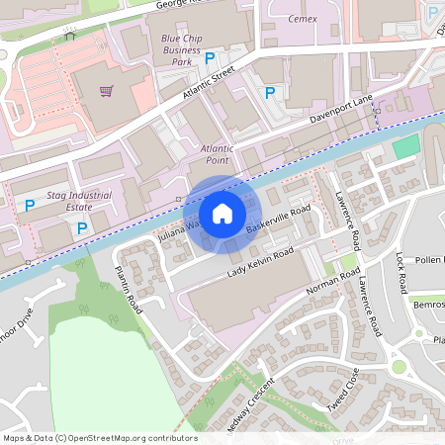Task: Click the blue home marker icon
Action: (x=222, y=213)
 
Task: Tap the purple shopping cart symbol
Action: (x=106, y=92)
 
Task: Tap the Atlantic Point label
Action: (x=218, y=154)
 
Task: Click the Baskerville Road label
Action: (x=279, y=222)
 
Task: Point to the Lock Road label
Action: (x=400, y=277)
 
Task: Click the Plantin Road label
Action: (x=128, y=296)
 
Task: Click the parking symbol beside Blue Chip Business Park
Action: (x=209, y=59)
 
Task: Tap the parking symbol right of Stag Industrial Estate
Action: (x=82, y=228)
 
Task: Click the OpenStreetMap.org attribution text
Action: (x=100, y=438)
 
